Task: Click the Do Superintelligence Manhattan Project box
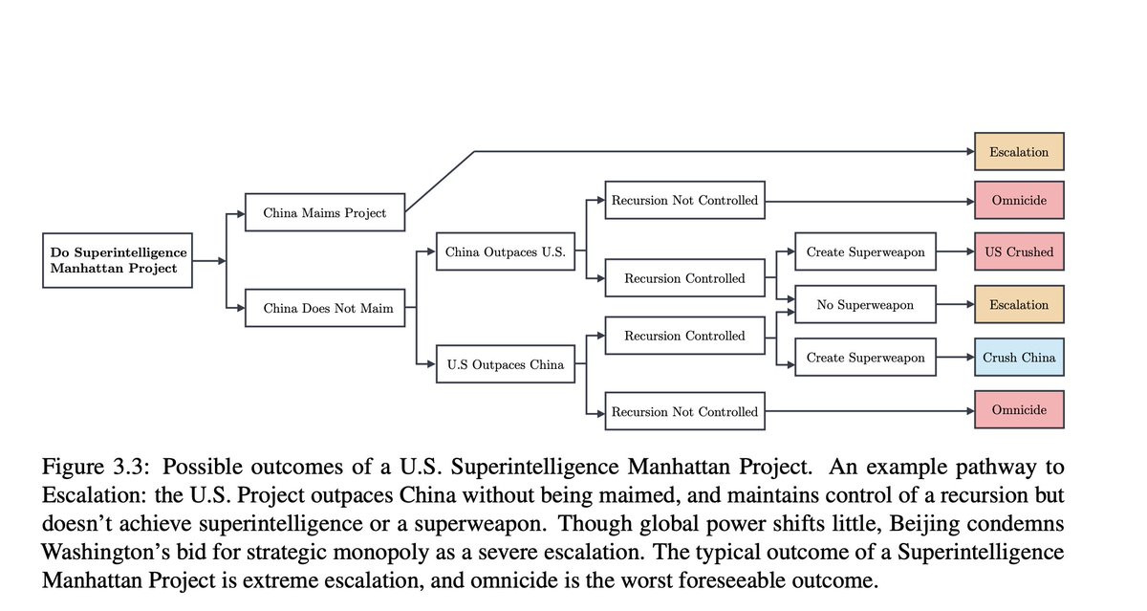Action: (118, 260)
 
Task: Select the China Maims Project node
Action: (324, 212)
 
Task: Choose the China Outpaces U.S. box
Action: (505, 252)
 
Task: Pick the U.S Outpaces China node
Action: (505, 364)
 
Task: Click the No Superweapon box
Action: (865, 305)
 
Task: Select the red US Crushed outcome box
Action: (1018, 252)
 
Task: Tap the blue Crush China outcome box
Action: (1018, 358)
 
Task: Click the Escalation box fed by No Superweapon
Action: (1018, 305)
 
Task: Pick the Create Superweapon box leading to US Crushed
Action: (865, 252)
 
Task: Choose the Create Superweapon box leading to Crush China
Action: (865, 358)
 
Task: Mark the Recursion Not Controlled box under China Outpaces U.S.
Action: (683, 201)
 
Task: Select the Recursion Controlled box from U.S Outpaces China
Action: (683, 336)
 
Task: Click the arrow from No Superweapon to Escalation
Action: (955, 305)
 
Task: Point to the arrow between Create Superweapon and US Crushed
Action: (955, 252)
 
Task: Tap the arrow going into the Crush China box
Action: (955, 358)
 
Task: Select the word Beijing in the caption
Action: (919, 524)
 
